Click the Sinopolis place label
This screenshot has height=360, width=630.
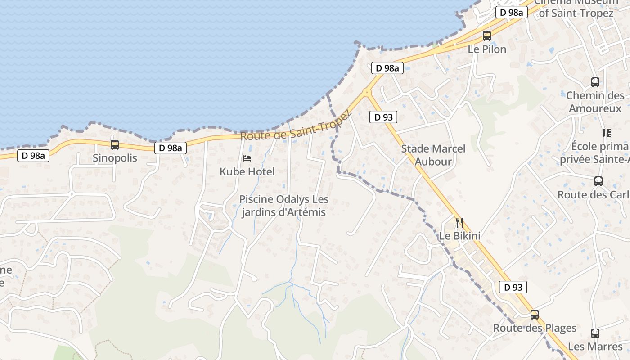pyautogui.click(x=114, y=158)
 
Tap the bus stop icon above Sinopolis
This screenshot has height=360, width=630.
pyautogui.click(x=115, y=144)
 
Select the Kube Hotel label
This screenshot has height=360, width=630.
pyautogui.click(x=247, y=171)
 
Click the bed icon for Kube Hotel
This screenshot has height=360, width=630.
pyautogui.click(x=247, y=158)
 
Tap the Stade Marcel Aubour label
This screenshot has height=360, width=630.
pyautogui.click(x=433, y=155)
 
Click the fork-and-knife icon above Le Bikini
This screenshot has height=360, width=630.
pyautogui.click(x=459, y=222)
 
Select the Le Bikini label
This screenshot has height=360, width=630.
pyautogui.click(x=459, y=236)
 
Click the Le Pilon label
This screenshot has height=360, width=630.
pyautogui.click(x=487, y=49)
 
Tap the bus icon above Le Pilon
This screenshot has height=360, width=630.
pyautogui.click(x=487, y=36)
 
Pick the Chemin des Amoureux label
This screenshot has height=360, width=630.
pyautogui.click(x=595, y=102)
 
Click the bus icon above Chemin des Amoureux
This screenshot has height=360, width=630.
pyautogui.click(x=595, y=82)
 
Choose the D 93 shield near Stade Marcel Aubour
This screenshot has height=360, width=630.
pyautogui.click(x=383, y=117)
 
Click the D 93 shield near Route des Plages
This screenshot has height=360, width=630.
pyautogui.click(x=513, y=287)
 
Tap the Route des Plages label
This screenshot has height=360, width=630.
pyautogui.click(x=535, y=328)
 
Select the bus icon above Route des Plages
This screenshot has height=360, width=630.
pyautogui.click(x=535, y=315)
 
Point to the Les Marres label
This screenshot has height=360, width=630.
pyautogui.click(x=595, y=346)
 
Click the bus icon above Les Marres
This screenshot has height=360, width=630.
pyautogui.click(x=595, y=333)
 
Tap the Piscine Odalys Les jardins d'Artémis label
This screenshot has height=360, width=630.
pyautogui.click(x=283, y=206)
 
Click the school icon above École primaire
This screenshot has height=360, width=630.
pyautogui.click(x=607, y=133)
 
